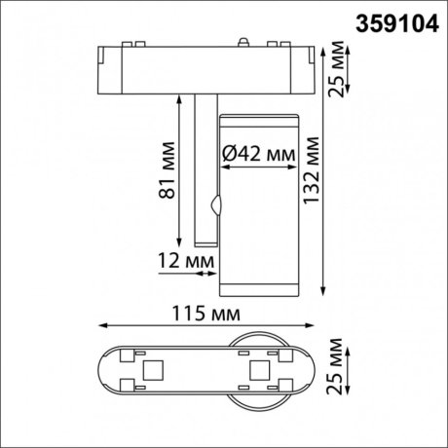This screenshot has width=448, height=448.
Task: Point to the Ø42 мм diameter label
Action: [258, 152]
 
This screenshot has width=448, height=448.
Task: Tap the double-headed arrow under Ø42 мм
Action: [258, 168]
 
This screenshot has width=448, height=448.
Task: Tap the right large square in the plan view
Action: [259, 371]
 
